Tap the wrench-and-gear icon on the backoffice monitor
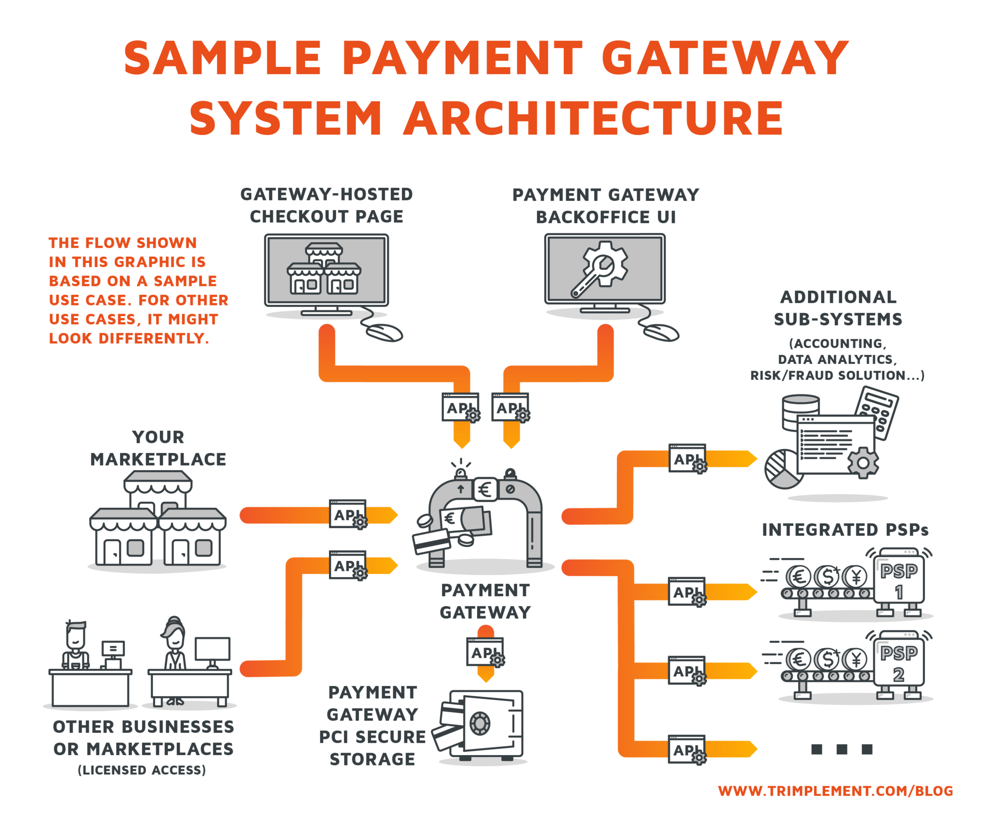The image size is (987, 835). tap(600, 270)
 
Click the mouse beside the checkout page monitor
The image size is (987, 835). tap(384, 332)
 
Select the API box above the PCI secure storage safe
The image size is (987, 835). tap(485, 652)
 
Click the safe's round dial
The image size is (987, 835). tap(480, 723)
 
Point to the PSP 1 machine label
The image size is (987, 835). tap(899, 581)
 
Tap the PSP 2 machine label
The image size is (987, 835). tap(899, 663)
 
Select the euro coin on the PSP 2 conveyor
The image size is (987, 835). tap(799, 659)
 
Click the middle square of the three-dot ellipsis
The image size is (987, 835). tap(842, 749)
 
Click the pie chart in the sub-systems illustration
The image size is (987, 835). tap(782, 468)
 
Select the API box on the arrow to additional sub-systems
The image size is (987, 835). tap(687, 458)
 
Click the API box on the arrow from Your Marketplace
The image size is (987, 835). tap(347, 514)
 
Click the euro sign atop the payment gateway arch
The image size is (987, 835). tap(485, 490)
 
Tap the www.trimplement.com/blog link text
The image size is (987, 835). tap(835, 791)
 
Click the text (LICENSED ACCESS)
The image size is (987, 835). tap(142, 770)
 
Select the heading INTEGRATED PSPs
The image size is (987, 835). tap(845, 530)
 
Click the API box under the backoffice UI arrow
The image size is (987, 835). tap(510, 407)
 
